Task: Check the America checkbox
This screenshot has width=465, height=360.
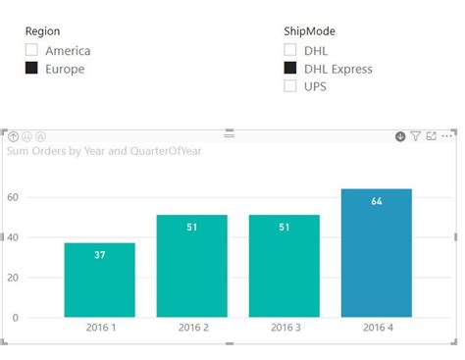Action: (31, 50)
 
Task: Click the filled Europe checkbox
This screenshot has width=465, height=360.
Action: (31, 69)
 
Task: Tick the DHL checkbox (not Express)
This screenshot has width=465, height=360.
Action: (289, 50)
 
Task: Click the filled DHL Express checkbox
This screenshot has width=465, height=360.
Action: (289, 69)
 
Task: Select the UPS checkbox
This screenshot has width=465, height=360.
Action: (289, 86)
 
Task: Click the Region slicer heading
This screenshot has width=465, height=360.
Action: (42, 31)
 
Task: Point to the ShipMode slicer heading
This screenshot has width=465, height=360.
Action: (308, 31)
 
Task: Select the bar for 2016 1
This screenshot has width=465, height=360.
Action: (100, 280)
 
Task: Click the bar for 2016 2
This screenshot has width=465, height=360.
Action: (191, 265)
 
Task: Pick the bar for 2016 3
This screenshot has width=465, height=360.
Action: (284, 265)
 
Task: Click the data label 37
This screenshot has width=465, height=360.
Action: (100, 255)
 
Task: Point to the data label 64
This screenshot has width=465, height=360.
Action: (377, 201)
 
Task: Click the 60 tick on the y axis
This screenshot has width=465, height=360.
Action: (15, 197)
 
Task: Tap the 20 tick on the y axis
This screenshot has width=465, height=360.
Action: (15, 278)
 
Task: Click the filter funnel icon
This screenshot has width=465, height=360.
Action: (416, 136)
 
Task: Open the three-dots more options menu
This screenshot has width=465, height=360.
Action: (448, 136)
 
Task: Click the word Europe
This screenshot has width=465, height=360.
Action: (65, 69)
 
